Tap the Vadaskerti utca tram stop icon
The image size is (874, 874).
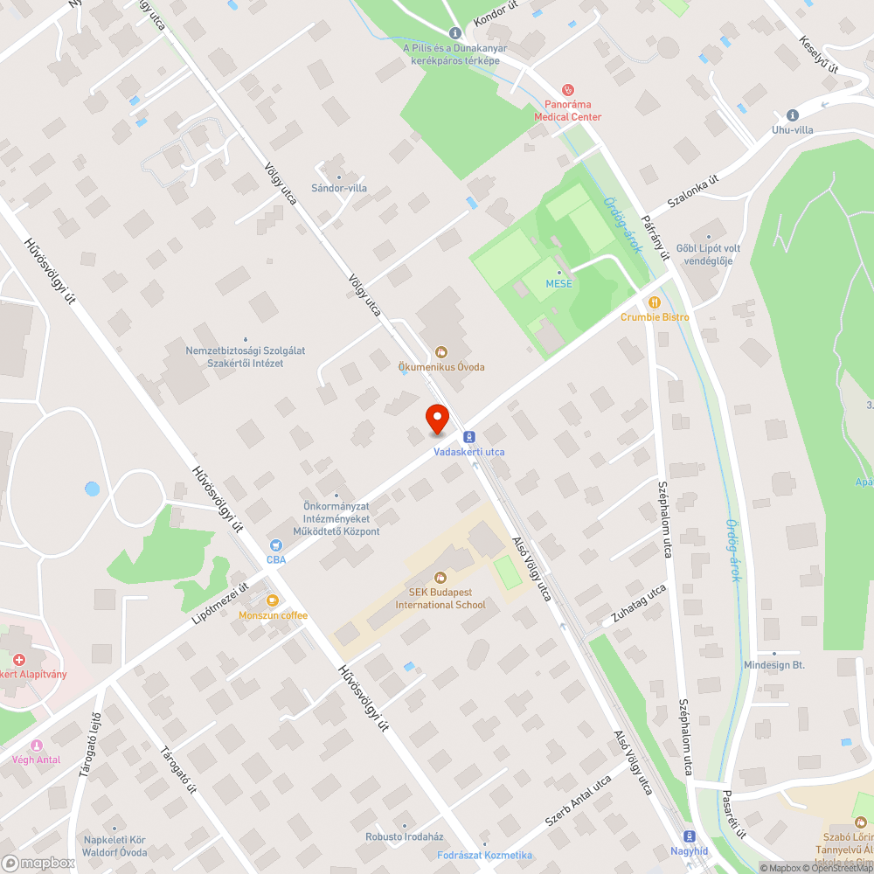(469, 436)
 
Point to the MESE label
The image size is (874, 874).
(559, 284)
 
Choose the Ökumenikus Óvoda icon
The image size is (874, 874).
(442, 352)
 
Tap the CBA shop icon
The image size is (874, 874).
(275, 545)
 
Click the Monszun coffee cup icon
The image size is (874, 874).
(273, 600)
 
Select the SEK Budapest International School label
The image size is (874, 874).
(440, 599)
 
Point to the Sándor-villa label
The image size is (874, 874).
(339, 188)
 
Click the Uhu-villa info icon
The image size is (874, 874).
(793, 114)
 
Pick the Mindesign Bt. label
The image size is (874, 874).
(773, 665)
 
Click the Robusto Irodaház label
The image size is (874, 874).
(405, 836)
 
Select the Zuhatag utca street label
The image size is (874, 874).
(639, 603)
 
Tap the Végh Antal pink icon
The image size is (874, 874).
(37, 745)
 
